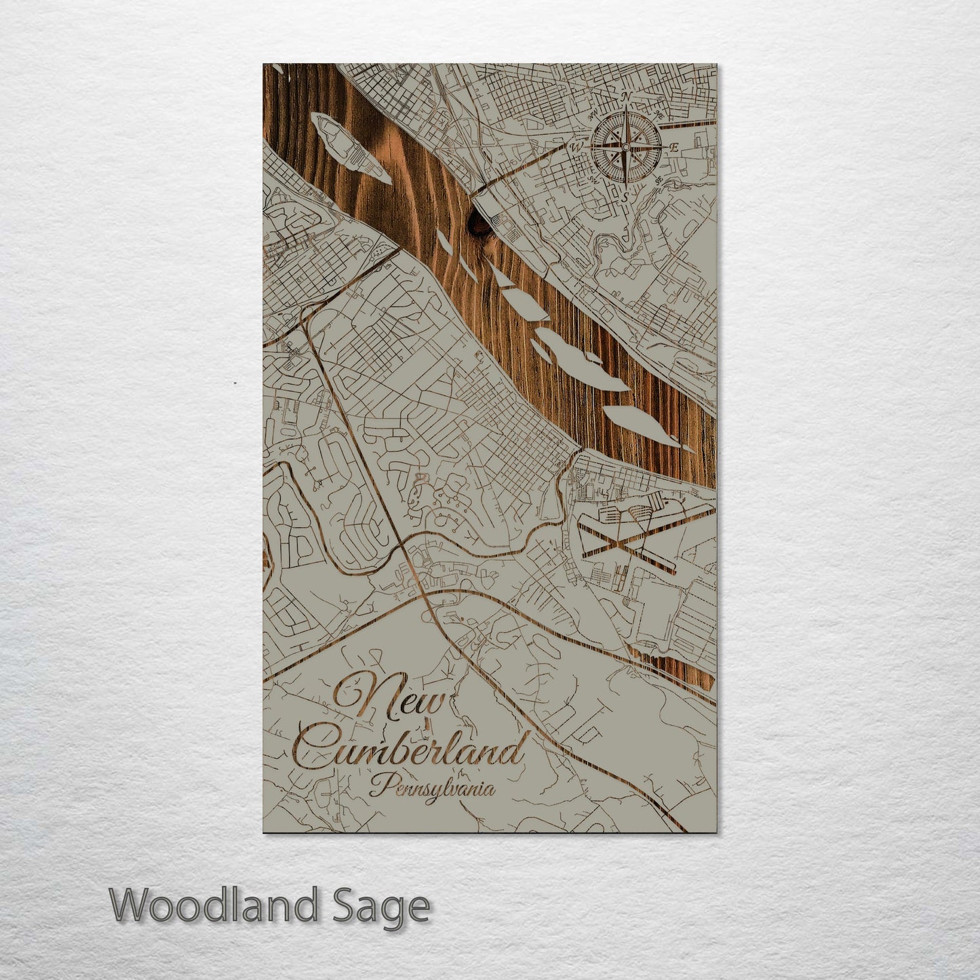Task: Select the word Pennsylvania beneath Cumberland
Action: pos(431,788)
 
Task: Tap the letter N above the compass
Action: pos(627,98)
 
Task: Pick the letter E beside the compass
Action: pos(673,146)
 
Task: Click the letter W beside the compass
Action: pos(577,146)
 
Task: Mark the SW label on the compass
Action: pos(592,180)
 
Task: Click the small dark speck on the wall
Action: pos(235,383)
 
